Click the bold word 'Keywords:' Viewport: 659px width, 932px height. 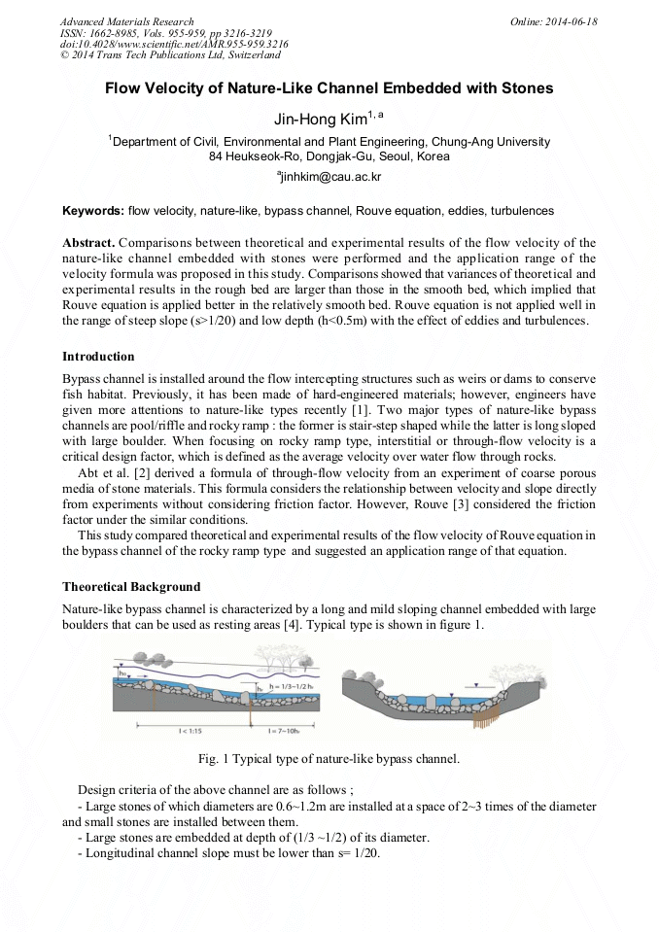92,211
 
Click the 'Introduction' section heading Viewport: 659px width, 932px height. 98,357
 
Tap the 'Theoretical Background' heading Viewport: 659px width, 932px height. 131,587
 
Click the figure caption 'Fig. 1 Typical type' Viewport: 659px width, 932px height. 329,758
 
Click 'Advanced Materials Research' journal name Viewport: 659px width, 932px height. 126,21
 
